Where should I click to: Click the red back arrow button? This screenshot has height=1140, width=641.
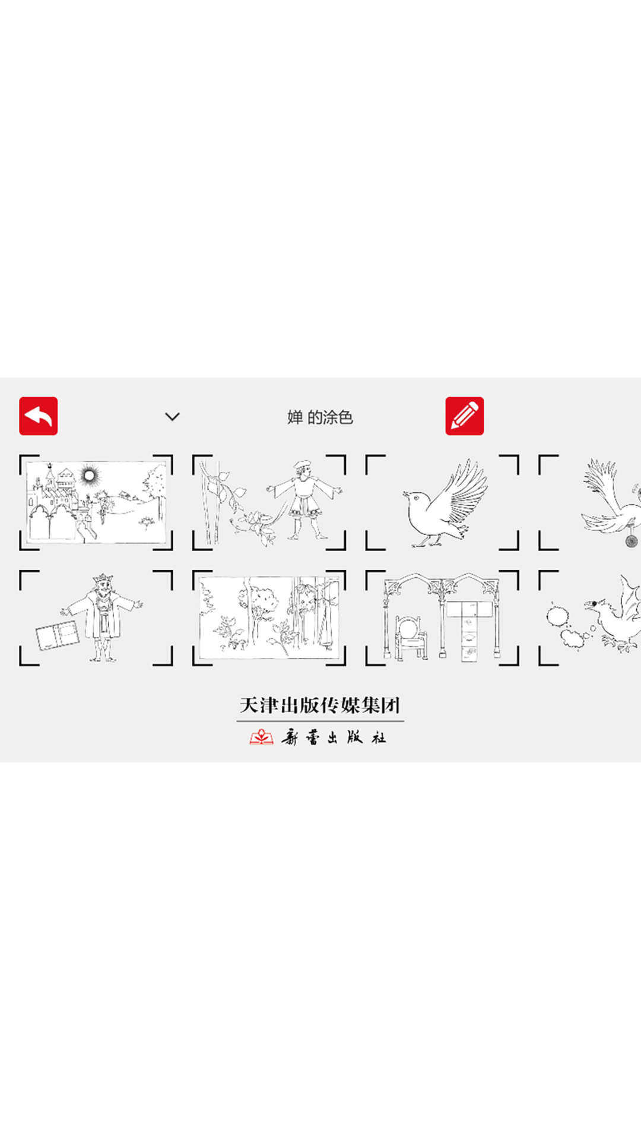point(38,416)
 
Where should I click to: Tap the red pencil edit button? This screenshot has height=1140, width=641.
point(465,416)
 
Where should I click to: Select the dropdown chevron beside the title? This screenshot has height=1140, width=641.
point(172,417)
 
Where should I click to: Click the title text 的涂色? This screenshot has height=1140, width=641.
point(330,417)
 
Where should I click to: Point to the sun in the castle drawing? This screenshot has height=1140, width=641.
point(90,475)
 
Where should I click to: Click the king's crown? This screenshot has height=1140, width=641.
point(103,579)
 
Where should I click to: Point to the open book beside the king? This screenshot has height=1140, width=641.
point(57,635)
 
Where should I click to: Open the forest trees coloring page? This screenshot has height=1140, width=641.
point(269,617)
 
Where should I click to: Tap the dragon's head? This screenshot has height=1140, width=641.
point(596,606)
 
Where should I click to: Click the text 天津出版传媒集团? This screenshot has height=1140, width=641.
point(320,705)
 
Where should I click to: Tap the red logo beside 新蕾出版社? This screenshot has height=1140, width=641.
point(261,737)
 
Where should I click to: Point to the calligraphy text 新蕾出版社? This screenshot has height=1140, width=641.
point(334,737)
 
